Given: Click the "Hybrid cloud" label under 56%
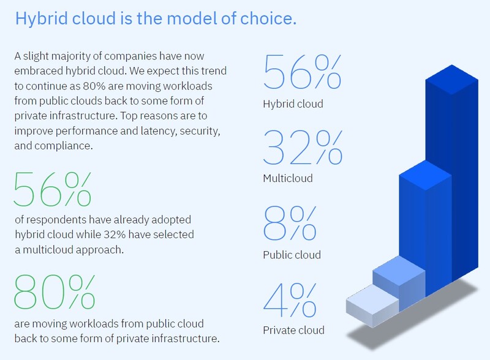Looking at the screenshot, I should (x=292, y=103).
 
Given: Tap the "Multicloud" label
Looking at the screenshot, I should (x=287, y=179).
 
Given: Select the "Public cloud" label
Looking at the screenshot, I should (x=292, y=255).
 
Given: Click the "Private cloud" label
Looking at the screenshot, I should (x=293, y=331).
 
